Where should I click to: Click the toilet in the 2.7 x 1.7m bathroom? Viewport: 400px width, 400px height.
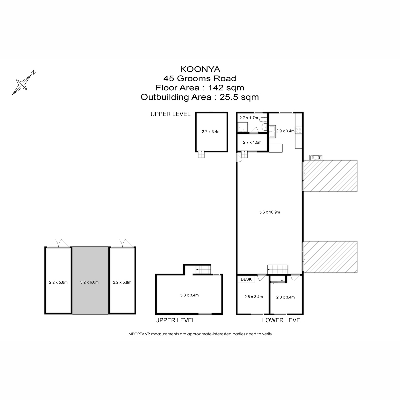pos(263,120)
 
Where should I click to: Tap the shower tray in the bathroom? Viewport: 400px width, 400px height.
pos(243,127)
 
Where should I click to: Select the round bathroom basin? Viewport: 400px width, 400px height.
pos(264,127)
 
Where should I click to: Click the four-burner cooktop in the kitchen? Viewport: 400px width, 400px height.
pos(298,130)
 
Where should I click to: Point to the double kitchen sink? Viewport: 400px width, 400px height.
pos(272,131)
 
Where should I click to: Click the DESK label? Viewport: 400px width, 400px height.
pos(246,279)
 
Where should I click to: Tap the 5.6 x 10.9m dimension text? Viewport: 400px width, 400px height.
pos(269,212)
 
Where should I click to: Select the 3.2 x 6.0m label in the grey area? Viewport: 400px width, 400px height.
pos(89,282)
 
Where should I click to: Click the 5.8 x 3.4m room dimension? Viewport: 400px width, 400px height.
pos(189,295)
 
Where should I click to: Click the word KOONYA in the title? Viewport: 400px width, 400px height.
pos(200,69)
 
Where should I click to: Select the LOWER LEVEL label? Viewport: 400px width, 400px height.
pos(283,320)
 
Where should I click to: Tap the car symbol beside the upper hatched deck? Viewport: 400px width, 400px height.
pos(316,158)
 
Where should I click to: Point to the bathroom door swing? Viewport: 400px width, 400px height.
pos(254,130)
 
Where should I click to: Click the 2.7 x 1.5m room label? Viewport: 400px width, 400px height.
pos(252,142)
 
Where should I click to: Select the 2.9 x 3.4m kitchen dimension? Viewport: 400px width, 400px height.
pos(285,131)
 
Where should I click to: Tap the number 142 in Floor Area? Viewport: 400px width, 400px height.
pos(216,88)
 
